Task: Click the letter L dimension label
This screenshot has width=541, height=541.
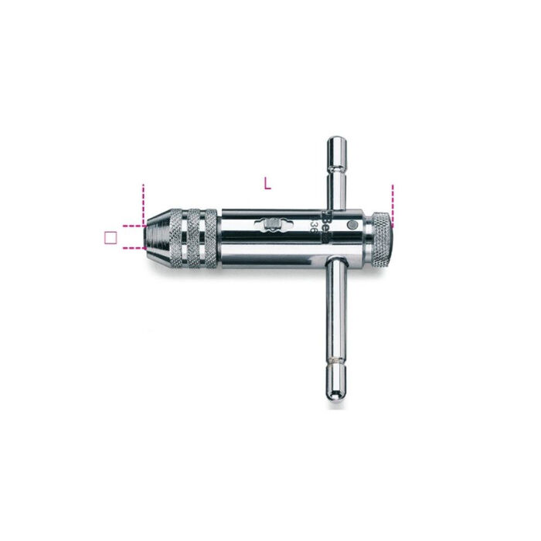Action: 267,184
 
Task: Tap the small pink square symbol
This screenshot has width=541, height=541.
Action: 111,237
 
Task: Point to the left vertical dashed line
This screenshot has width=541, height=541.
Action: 143,202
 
